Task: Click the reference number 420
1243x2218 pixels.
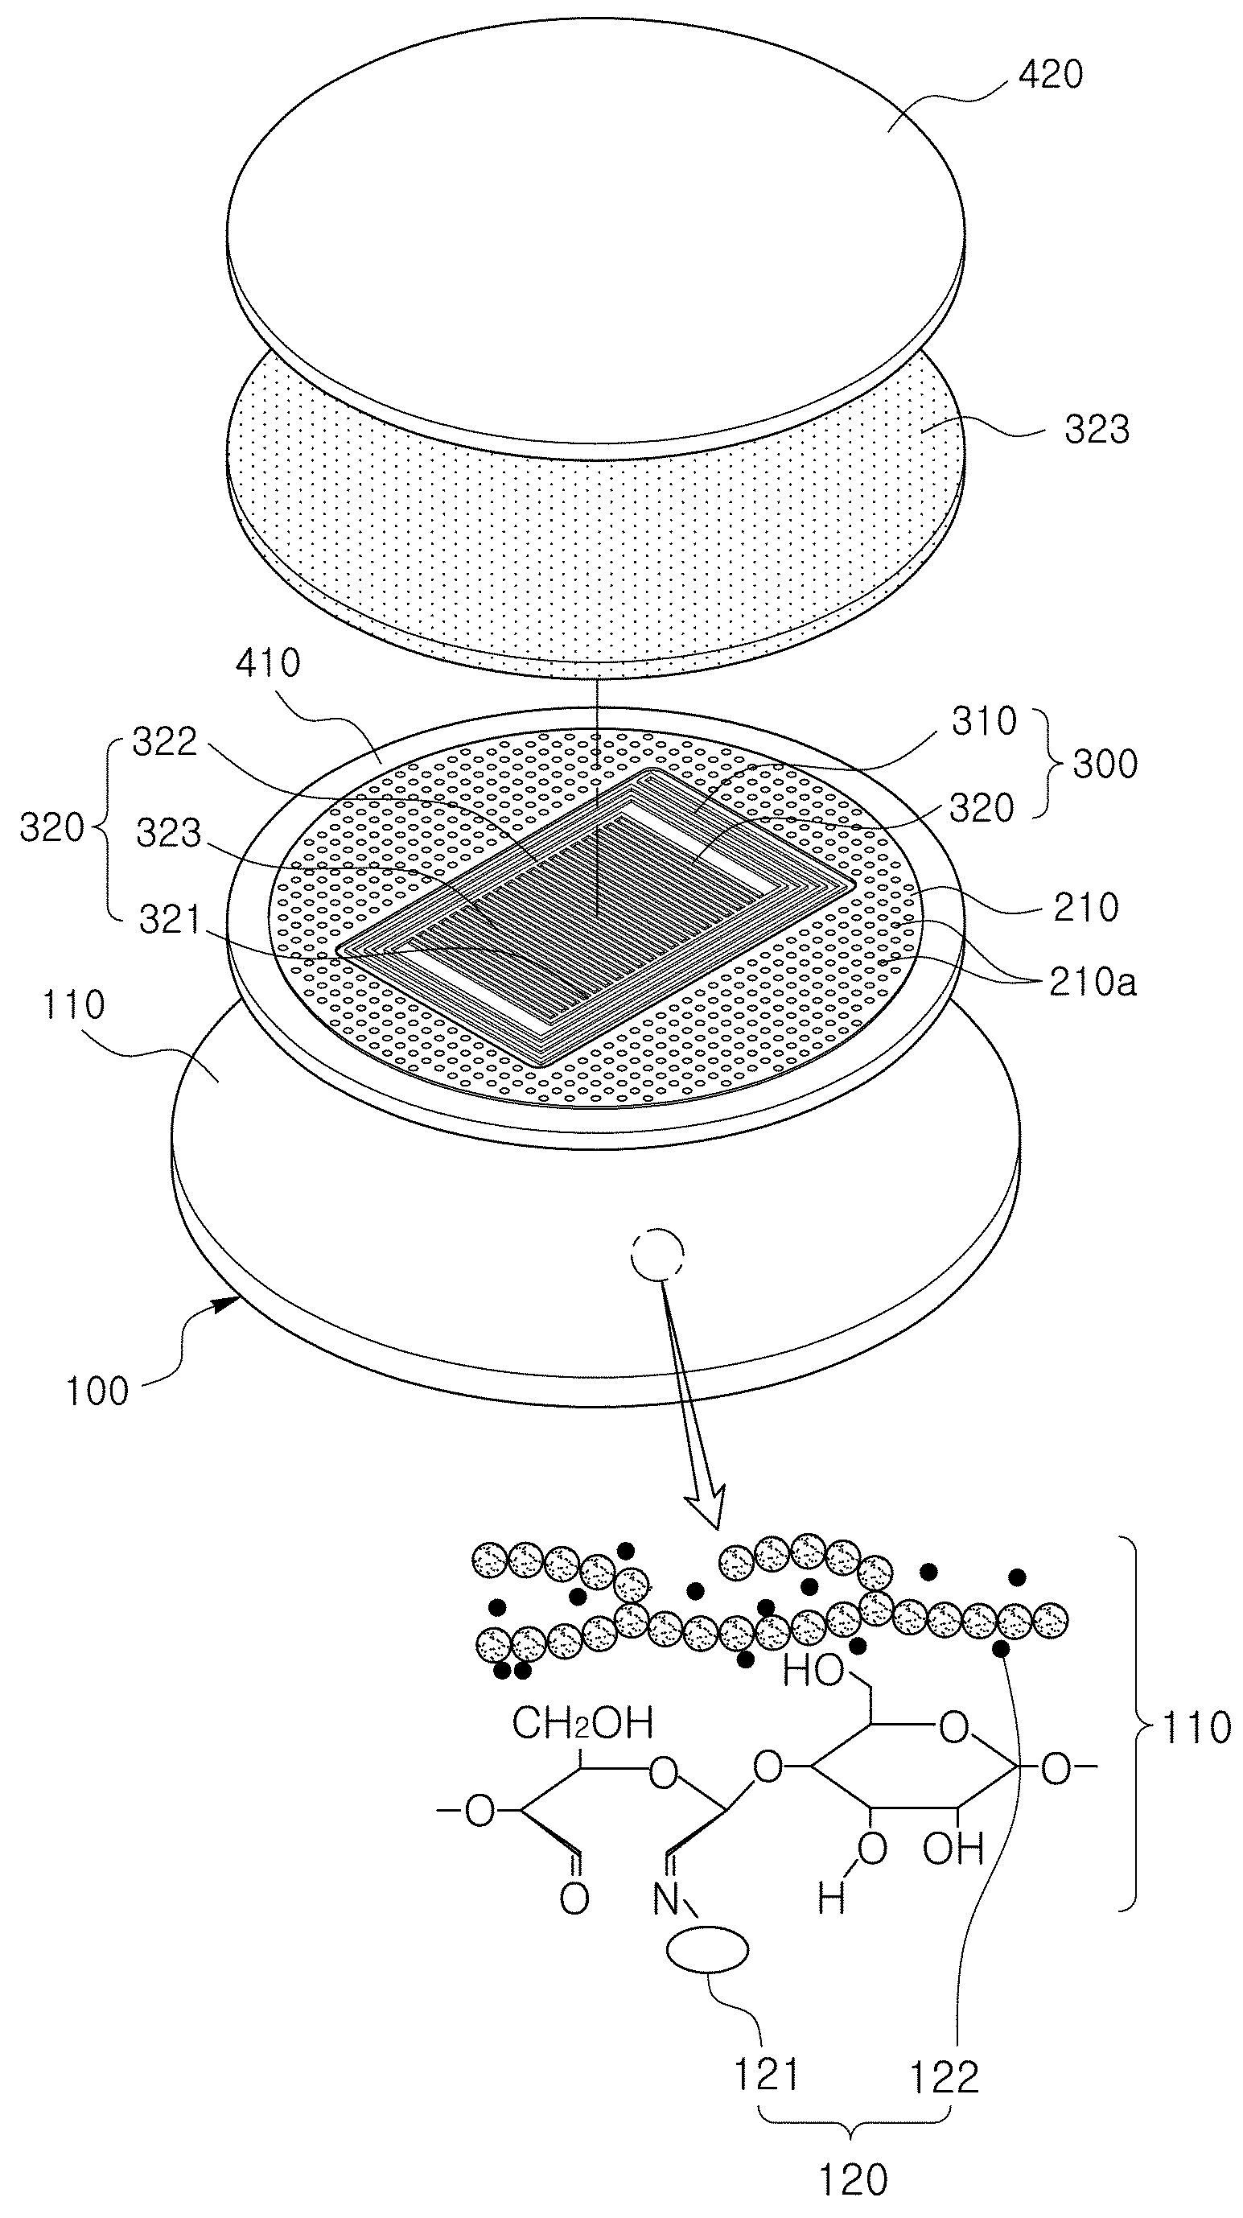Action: coord(1050,75)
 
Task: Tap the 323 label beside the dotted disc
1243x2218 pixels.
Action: coord(1097,429)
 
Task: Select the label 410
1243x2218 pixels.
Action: coord(269,663)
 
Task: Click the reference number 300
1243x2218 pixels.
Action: coord(1105,764)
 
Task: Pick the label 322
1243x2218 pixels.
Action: coord(164,741)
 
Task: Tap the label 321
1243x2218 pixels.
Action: coord(171,921)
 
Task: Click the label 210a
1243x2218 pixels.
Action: coord(1093,982)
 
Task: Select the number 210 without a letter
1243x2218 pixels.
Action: coord(1085,908)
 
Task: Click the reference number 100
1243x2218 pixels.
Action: coord(97,1391)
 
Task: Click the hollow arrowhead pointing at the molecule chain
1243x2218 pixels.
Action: coord(705,1507)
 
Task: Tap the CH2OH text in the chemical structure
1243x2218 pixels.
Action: coord(582,1724)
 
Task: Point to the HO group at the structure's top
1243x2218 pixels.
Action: coord(813,1673)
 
